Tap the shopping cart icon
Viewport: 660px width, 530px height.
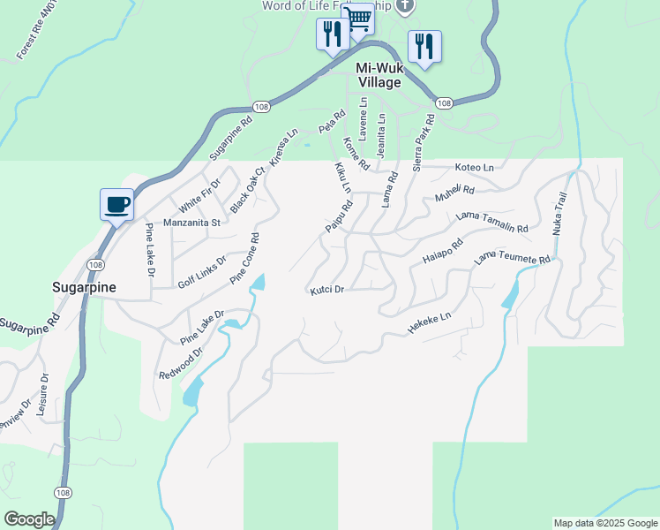click(x=358, y=18)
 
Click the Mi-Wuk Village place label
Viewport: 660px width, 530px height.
click(x=379, y=75)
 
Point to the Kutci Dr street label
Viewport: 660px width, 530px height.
click(x=326, y=290)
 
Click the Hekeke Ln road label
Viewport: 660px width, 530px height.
click(x=430, y=322)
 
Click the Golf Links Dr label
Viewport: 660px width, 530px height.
click(x=202, y=272)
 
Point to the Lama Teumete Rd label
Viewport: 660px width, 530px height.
click(x=513, y=259)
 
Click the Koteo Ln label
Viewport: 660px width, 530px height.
click(x=474, y=167)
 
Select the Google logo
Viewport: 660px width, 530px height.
click(x=28, y=519)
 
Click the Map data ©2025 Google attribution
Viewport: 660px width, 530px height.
click(x=605, y=523)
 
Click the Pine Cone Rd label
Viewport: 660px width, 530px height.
click(x=244, y=258)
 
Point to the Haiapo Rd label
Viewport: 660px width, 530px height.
click(x=443, y=252)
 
